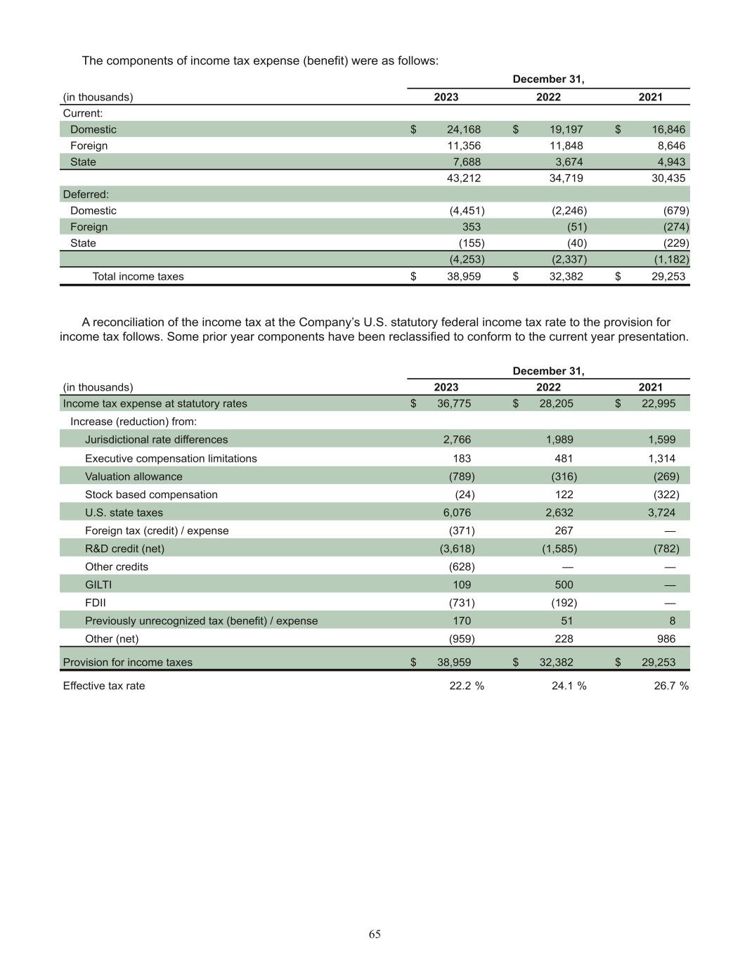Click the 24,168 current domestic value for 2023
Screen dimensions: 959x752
(x=463, y=129)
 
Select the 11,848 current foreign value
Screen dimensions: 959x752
(x=566, y=145)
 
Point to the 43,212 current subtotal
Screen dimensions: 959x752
(x=463, y=178)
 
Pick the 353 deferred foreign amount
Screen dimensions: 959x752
(x=471, y=227)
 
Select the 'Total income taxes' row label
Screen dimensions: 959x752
(x=138, y=276)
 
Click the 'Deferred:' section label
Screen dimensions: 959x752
(x=86, y=194)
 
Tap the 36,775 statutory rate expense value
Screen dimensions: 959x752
(x=454, y=403)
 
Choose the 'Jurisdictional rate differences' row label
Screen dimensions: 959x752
(x=156, y=440)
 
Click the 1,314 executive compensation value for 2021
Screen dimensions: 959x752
(x=661, y=458)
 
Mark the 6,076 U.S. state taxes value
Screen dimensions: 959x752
(x=457, y=513)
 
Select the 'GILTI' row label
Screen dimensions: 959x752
(x=98, y=585)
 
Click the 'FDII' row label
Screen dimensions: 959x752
(x=96, y=603)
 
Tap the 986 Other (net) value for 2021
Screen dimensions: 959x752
(x=666, y=639)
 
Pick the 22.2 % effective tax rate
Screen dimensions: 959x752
(x=466, y=686)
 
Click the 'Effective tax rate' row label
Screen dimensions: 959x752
(x=104, y=686)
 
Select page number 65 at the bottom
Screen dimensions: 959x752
(x=375, y=934)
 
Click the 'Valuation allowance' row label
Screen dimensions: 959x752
(x=134, y=476)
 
